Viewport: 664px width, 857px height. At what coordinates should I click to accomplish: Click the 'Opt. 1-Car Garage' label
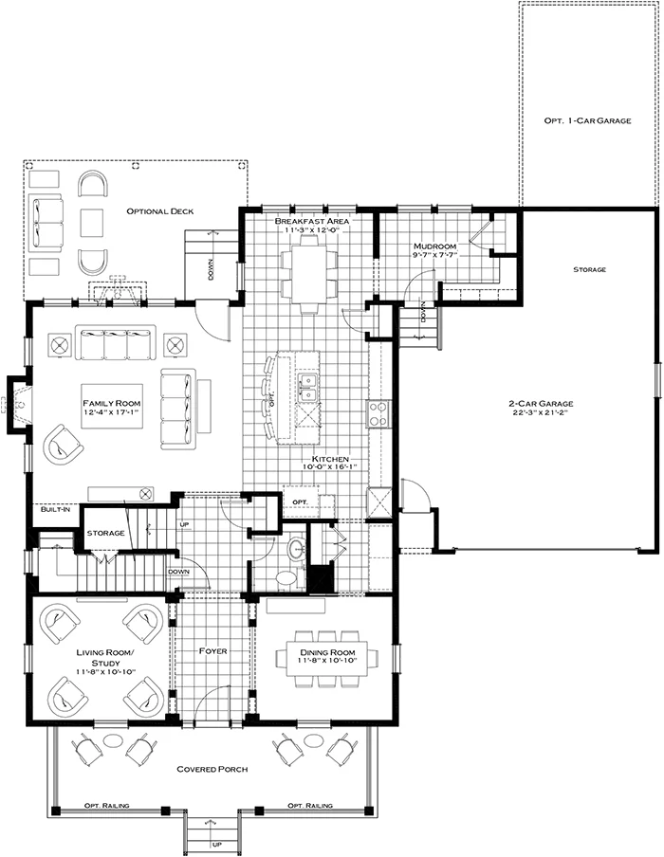pos(587,122)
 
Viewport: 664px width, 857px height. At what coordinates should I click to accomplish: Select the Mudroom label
pos(435,246)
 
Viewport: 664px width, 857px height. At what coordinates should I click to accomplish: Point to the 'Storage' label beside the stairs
pos(106,533)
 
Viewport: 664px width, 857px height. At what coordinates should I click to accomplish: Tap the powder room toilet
pos(285,577)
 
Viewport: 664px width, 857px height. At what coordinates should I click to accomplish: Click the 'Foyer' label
pos(211,652)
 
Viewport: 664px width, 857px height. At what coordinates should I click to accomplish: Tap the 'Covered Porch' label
pos(212,769)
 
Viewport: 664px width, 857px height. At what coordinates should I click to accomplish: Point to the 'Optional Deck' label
pos(160,210)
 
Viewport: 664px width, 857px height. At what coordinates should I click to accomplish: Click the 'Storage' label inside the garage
pos(589,269)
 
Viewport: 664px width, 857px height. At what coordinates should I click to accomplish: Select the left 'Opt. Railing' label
pos(105,806)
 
